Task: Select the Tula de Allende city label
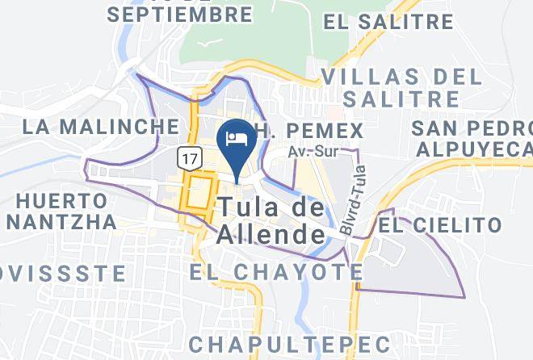point(270,221)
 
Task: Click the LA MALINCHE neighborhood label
point(100,127)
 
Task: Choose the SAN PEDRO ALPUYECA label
point(472,139)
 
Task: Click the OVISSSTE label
point(63,274)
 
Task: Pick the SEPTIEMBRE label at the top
point(179,15)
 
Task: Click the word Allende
point(270,236)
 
